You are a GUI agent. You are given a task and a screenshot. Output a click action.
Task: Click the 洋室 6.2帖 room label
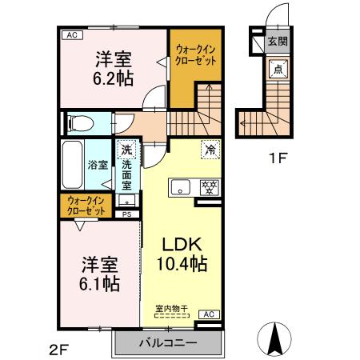(114, 68)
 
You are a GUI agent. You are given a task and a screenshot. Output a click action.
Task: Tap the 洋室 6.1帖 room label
(99, 273)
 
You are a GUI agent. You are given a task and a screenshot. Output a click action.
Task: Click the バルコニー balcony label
(167, 345)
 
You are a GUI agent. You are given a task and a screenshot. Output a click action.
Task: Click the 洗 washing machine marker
(126, 150)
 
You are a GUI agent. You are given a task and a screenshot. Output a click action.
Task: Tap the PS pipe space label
(127, 214)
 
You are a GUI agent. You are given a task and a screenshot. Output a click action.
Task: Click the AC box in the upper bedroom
(72, 35)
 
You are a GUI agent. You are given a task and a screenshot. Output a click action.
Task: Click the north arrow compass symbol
(274, 341)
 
